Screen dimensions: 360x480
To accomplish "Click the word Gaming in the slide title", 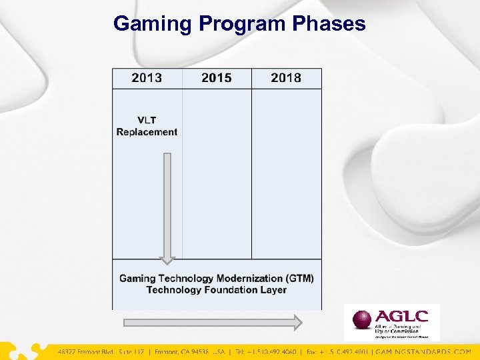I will [153, 24].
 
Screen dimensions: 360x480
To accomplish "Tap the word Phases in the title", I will [329, 24].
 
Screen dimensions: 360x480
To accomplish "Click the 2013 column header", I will [147, 79].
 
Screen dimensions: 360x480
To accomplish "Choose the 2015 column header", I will [217, 79].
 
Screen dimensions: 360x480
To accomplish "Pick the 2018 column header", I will [286, 79].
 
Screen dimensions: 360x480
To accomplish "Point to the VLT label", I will [147, 120].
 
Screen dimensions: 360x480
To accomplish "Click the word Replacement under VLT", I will [147, 132].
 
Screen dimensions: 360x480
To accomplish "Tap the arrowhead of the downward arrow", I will [167, 260].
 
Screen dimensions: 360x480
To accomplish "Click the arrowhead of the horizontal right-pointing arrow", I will [297, 323].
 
